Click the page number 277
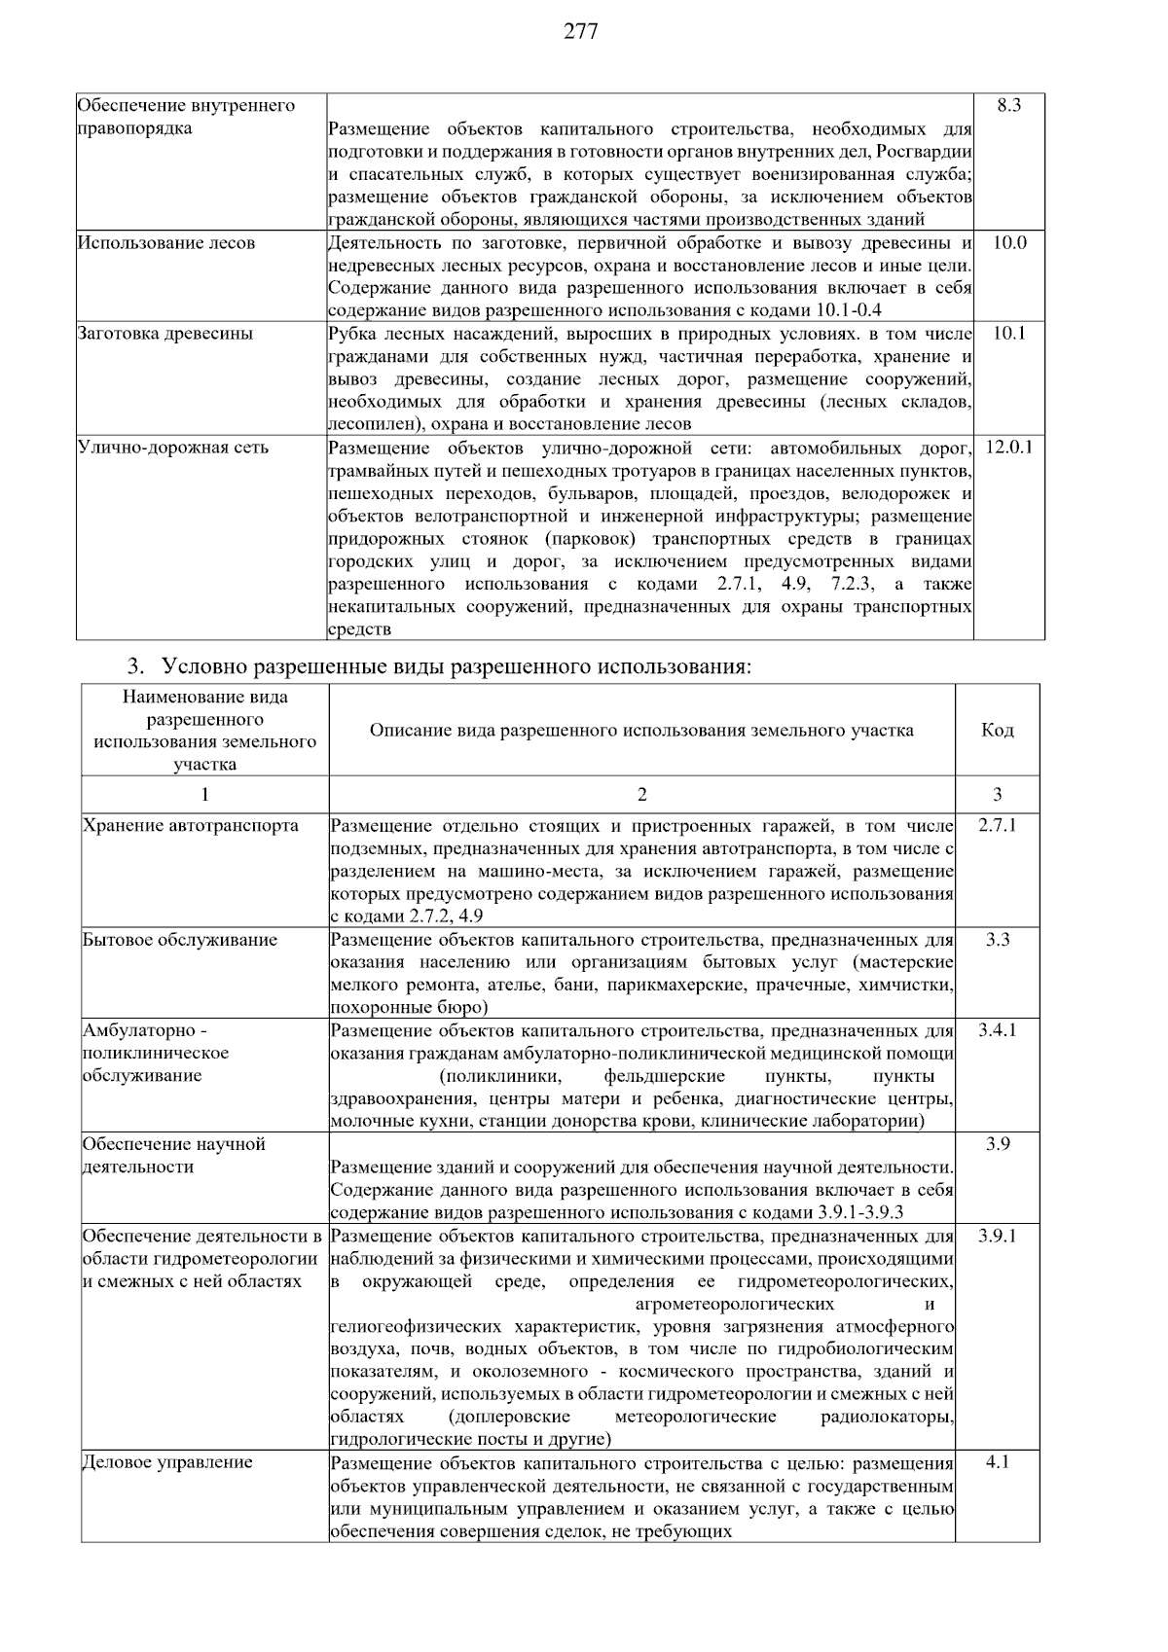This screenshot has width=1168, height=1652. click(581, 31)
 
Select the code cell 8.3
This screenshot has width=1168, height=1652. click(1008, 105)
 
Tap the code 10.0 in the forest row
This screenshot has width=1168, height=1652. click(1008, 242)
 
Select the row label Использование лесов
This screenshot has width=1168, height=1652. click(166, 242)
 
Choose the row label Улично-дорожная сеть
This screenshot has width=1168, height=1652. click(173, 448)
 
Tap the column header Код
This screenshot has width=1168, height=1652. click(997, 730)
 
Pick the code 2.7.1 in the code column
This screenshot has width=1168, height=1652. click(997, 825)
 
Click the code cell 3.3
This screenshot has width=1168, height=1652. click(997, 940)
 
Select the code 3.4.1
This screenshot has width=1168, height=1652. click(997, 1029)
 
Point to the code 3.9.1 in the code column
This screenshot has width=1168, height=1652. click(997, 1236)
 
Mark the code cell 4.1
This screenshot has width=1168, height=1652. click(997, 1461)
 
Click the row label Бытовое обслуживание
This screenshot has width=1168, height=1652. click(180, 940)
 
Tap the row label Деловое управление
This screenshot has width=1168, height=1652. click(167, 1462)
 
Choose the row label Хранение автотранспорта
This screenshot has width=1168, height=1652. click(191, 826)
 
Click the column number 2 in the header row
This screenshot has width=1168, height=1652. click(641, 794)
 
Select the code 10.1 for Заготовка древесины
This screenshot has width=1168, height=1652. click(1008, 334)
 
